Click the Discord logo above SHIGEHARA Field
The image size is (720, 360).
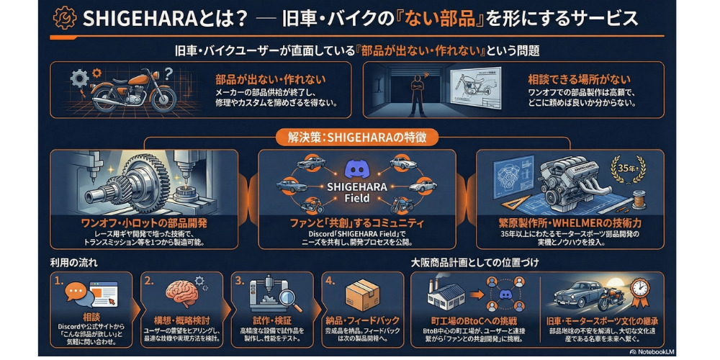pyautogui.click(x=357, y=170)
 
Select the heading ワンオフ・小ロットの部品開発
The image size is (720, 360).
pyautogui.click(x=143, y=223)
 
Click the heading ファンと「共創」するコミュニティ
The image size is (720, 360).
pyautogui.click(x=357, y=223)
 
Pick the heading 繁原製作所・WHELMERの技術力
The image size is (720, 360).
pyautogui.click(x=570, y=223)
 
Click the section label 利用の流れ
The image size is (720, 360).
pyautogui.click(x=74, y=262)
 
